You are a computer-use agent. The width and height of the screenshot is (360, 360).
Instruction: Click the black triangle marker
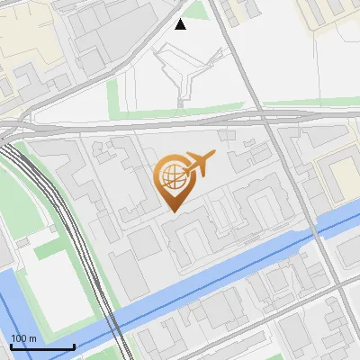point(181,24)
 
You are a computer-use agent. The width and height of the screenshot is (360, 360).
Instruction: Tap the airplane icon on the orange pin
point(200,164)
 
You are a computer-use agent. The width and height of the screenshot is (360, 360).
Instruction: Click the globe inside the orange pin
point(172,178)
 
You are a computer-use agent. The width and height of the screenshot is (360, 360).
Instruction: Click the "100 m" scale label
point(23,338)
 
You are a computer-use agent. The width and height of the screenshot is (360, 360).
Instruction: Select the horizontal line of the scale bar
point(42,346)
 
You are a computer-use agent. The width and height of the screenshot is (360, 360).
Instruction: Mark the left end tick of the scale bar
point(11,345)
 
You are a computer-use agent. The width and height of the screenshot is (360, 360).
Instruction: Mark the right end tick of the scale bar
point(74,345)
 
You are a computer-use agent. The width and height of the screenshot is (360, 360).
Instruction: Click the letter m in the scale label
point(32,338)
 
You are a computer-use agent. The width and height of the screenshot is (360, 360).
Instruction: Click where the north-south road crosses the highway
point(259,114)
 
